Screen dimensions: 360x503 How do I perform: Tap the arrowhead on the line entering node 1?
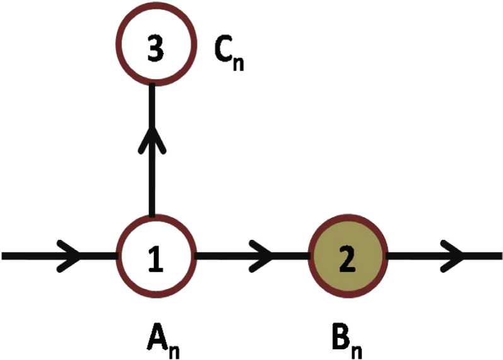click(71, 256)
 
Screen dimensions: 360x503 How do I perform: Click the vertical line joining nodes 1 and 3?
click(151, 183)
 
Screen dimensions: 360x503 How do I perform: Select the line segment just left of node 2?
click(293, 256)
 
